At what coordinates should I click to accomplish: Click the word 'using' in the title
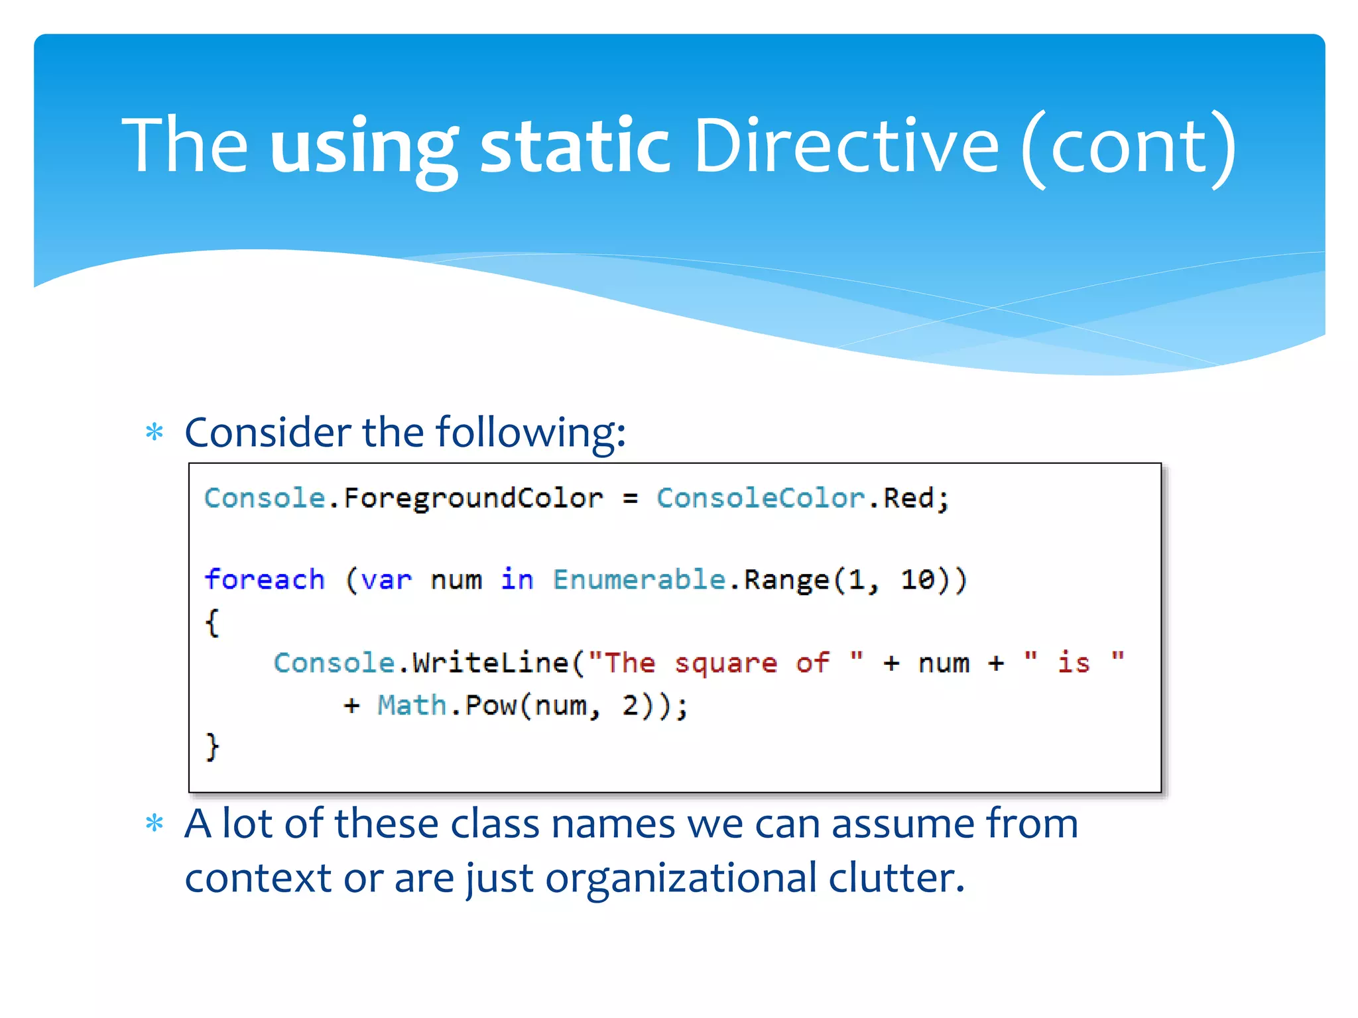pos(363,147)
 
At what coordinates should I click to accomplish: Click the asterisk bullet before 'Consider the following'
pos(154,433)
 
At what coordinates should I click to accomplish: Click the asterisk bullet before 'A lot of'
pos(154,824)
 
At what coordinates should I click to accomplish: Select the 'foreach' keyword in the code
pos(265,579)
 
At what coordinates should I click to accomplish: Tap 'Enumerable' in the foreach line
pos(639,579)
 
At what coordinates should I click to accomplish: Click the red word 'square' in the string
pos(725,663)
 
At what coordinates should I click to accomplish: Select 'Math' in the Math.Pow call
pos(412,705)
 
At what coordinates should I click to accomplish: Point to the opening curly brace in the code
pos(212,622)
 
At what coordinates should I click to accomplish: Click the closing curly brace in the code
pos(212,746)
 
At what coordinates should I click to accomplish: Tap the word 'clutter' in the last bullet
pos(896,878)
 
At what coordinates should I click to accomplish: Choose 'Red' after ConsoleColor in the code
pos(908,498)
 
